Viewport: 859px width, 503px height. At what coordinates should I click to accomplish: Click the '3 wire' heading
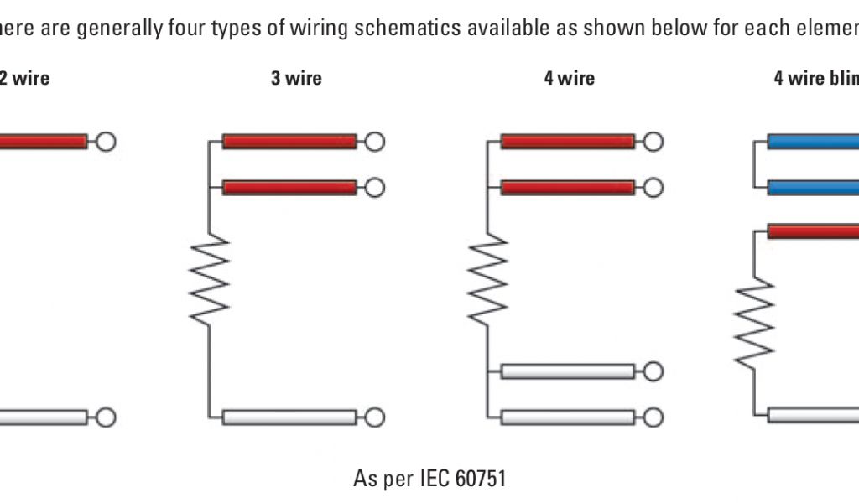[296, 79]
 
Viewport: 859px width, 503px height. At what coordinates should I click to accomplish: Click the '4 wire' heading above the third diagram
[570, 79]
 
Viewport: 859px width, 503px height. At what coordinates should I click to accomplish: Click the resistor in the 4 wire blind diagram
[754, 324]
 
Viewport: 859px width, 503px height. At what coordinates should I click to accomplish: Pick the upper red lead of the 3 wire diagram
[289, 142]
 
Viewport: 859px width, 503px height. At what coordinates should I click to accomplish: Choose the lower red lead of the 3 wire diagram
[289, 187]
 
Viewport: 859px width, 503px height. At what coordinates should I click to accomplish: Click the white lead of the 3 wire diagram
[289, 417]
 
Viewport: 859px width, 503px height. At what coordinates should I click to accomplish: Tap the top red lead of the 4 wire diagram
[568, 142]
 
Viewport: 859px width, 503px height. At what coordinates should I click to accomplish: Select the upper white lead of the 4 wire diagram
[568, 371]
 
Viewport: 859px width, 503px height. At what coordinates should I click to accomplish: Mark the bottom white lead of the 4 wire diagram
[568, 417]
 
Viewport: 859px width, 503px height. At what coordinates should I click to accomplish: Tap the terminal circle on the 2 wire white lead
[106, 417]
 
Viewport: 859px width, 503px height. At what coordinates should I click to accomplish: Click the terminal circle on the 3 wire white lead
[375, 417]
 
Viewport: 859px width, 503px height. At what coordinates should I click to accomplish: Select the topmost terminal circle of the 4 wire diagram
[653, 142]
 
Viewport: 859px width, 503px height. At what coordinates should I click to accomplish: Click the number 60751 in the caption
[481, 479]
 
